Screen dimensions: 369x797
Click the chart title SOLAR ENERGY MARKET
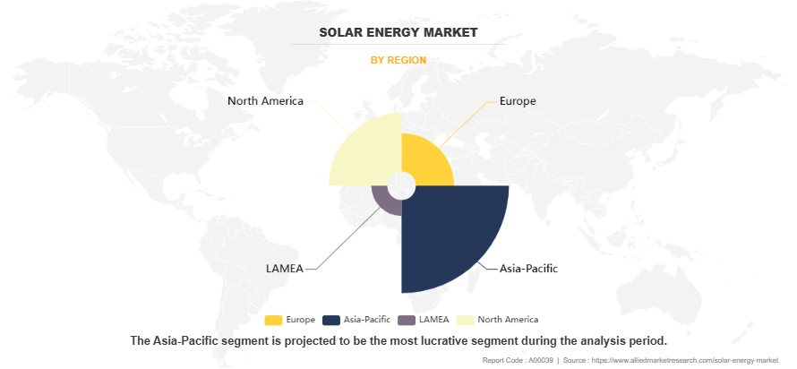click(398, 32)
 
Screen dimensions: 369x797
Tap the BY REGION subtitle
click(398, 60)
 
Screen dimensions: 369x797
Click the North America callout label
click(265, 101)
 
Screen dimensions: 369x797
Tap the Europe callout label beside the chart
click(518, 101)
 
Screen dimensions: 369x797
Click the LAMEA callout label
click(285, 268)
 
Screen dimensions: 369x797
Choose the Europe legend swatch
click(274, 320)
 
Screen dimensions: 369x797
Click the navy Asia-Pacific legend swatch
click(330, 320)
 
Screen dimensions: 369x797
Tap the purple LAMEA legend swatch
click(407, 320)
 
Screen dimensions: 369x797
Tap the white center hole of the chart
click(401, 185)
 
